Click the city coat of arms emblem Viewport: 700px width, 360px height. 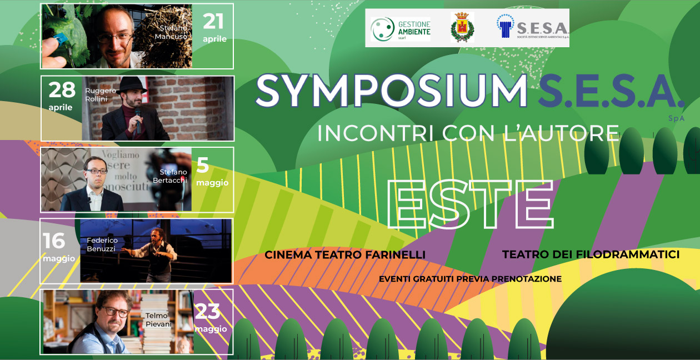click(x=462, y=28)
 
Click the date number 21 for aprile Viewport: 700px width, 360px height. click(x=213, y=22)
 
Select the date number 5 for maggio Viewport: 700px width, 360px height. click(x=203, y=166)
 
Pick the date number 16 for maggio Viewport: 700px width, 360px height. click(x=54, y=241)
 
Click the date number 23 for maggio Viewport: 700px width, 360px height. click(x=208, y=312)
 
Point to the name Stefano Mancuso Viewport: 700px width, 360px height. click(x=172, y=32)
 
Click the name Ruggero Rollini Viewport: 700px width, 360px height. click(x=101, y=94)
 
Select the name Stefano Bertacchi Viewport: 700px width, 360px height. click(x=170, y=176)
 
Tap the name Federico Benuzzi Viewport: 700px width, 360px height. click(x=102, y=244)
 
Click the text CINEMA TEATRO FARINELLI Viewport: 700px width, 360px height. click(x=345, y=254)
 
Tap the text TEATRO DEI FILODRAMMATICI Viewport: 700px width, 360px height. click(x=591, y=254)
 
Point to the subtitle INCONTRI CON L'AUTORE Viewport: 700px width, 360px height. click(x=468, y=133)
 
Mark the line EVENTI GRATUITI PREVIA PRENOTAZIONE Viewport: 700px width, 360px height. click(x=470, y=279)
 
